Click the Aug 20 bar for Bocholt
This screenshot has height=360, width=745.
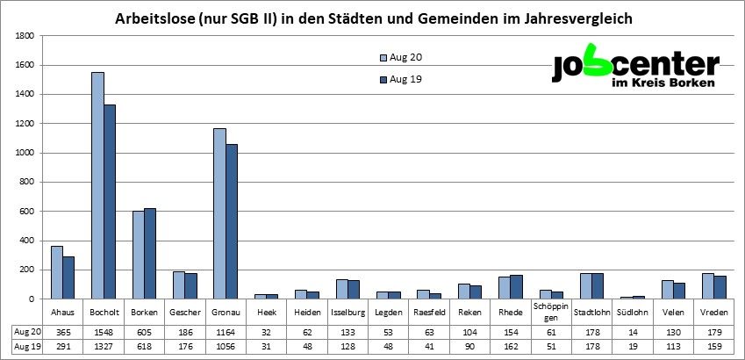(x=97, y=185)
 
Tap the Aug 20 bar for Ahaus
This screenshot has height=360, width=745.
(x=57, y=272)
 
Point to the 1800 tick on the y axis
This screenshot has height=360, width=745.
(x=25, y=36)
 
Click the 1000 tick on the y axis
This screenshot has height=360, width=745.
(x=25, y=153)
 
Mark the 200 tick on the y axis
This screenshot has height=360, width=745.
(x=27, y=270)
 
